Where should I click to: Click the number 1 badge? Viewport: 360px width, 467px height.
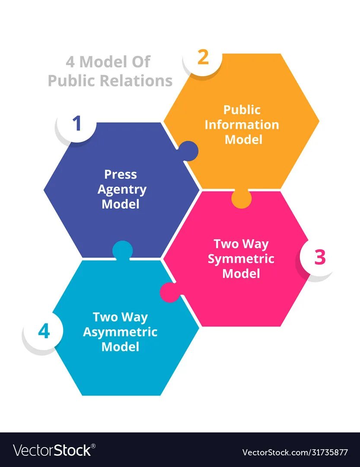[77, 124]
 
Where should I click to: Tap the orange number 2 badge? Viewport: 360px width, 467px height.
[203, 58]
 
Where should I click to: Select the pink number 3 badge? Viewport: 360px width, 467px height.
[319, 257]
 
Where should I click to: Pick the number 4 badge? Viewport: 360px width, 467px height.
[44, 332]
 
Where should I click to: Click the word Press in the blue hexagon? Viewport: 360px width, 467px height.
[121, 175]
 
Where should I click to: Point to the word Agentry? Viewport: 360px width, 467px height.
[122, 190]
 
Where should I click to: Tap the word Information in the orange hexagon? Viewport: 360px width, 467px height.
[242, 125]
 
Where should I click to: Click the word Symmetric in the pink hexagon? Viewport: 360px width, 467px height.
[241, 259]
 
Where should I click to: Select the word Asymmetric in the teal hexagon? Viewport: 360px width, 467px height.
[120, 332]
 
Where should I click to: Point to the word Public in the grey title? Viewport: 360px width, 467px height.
[71, 81]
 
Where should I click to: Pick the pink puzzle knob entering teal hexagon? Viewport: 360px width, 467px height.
[169, 292]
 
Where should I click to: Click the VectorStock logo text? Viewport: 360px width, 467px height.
[52, 451]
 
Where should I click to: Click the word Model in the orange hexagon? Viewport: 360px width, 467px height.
[243, 140]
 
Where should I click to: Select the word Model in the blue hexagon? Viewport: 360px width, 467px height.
[121, 204]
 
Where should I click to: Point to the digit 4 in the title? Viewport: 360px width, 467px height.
[70, 62]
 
